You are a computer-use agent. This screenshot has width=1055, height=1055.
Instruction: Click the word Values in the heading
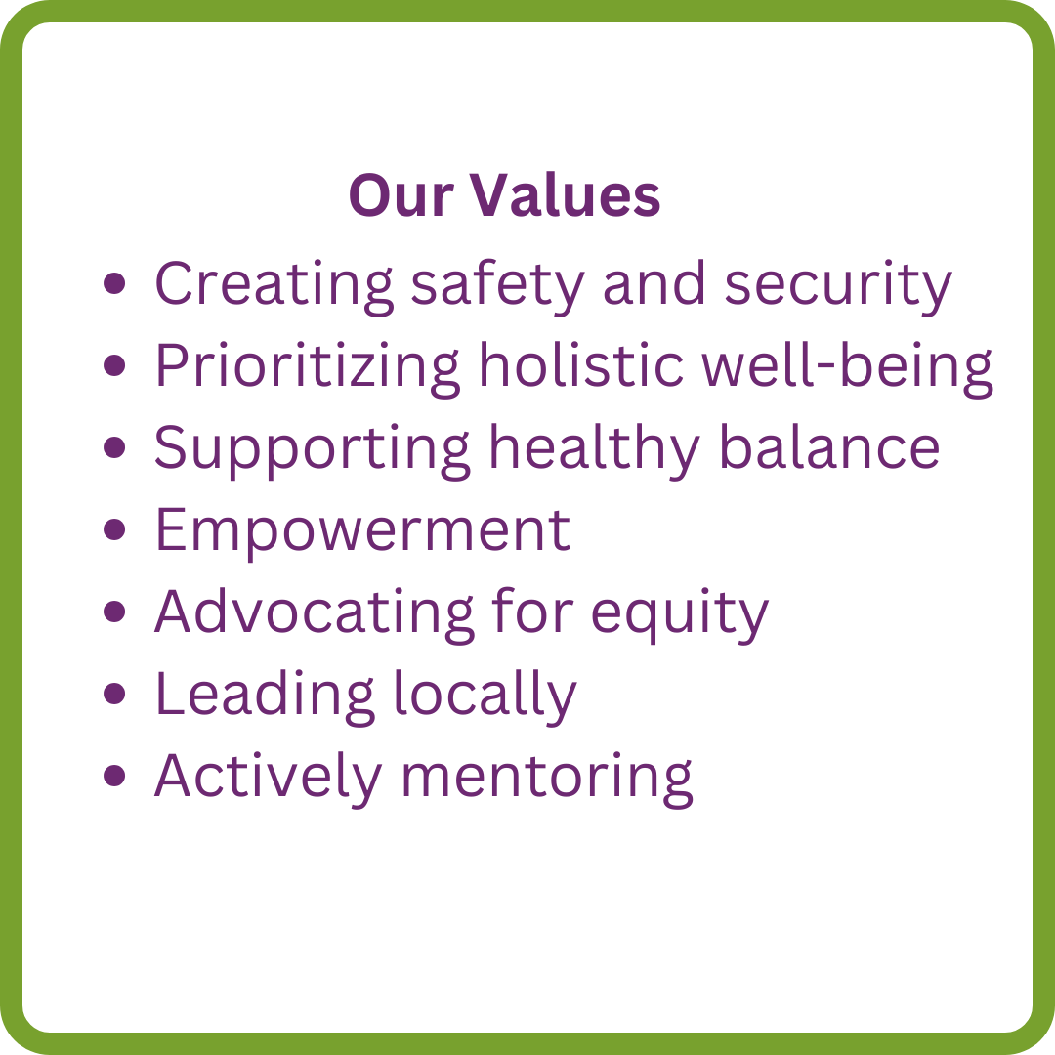pyautogui.click(x=565, y=195)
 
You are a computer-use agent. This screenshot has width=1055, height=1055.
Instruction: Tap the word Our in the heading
pyautogui.click(x=401, y=195)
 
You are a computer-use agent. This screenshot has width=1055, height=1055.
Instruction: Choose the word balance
pyautogui.click(x=829, y=446)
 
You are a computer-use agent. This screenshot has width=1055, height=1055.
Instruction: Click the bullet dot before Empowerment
pyautogui.click(x=115, y=529)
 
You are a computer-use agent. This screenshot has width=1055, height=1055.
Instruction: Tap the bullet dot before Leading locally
pyautogui.click(x=115, y=694)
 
